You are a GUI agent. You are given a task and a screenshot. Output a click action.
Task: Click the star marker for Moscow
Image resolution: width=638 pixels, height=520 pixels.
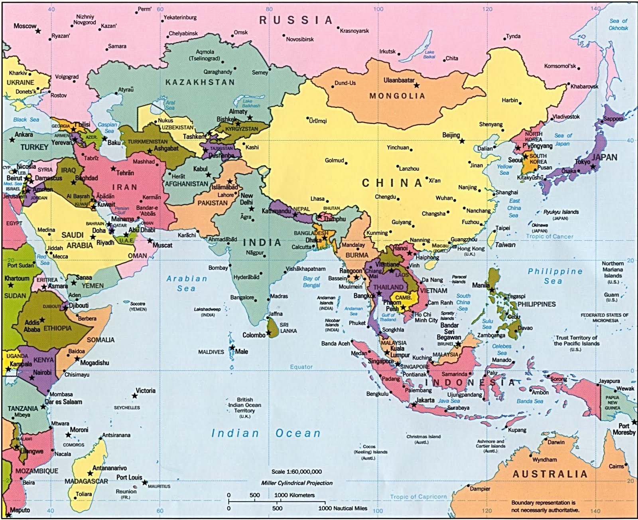coord(38,31)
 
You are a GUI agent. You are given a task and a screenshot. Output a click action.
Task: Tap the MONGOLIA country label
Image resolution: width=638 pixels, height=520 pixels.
coord(397,96)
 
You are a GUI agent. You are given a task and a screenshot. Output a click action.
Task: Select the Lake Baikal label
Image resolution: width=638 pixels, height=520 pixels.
coord(429,54)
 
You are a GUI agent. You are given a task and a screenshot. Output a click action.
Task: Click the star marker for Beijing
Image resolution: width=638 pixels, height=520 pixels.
coord(462,141)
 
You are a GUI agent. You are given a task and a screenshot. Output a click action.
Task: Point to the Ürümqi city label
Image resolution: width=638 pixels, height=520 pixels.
coord(318,121)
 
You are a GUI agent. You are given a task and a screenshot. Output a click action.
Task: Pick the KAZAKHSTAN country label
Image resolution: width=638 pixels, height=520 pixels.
coord(200,82)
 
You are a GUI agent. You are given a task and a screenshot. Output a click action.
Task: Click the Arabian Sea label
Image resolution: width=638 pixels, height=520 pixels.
coord(187,283)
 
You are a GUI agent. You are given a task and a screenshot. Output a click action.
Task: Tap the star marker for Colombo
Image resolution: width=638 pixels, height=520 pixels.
coord(269,332)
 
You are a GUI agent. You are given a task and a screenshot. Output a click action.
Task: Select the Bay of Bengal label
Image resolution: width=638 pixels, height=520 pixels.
coord(311,282)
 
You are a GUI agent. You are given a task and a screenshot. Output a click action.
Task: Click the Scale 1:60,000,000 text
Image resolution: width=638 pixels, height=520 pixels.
coord(297,472)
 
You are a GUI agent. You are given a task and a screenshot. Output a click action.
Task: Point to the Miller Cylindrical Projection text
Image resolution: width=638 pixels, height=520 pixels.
coord(297,483)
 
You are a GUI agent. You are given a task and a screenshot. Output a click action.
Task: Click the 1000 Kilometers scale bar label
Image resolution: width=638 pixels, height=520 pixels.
coord(294,495)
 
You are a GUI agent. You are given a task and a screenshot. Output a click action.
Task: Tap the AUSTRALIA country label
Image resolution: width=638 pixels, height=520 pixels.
coord(550,474)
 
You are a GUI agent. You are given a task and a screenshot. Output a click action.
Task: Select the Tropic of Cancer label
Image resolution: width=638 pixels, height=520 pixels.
coord(549,236)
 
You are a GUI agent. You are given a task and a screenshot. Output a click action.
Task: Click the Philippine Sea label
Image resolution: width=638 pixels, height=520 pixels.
coord(555,276)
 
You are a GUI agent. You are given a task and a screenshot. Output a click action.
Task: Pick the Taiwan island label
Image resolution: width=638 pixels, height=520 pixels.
coord(505,245)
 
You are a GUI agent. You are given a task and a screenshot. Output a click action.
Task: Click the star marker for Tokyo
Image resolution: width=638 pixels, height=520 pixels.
coord(593,166)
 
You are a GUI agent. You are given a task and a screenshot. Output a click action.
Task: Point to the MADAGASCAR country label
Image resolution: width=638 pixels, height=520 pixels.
coord(86,481)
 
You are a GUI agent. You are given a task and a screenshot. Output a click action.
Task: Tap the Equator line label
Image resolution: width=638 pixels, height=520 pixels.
coord(301,367)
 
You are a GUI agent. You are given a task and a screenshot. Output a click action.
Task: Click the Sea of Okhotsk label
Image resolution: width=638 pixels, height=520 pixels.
coord(618,24)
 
